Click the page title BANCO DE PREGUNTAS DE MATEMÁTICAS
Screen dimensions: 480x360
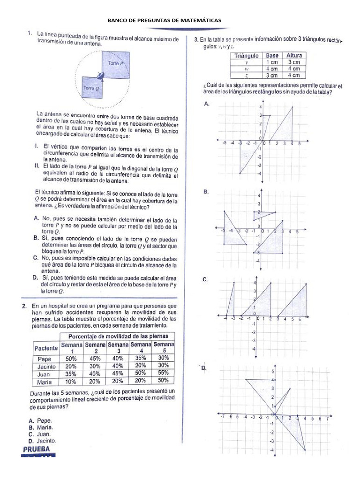[x=165, y=21]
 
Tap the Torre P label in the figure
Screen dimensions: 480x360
[x=116, y=62]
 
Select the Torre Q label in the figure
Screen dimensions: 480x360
[x=90, y=88]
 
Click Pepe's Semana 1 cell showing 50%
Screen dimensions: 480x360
[x=71, y=358]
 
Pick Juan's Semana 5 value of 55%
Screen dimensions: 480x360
[x=163, y=373]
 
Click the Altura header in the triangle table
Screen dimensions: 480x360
[x=294, y=55]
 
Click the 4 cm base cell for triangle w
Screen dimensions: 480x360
[x=272, y=68]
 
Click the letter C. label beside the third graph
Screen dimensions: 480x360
[x=205, y=279]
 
